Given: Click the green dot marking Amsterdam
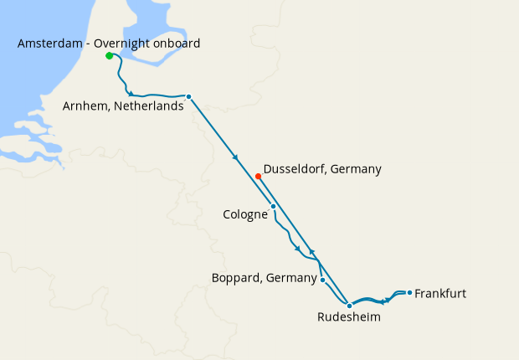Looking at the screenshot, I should (109, 56).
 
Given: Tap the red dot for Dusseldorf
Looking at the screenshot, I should (259, 176).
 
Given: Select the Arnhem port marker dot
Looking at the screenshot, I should (188, 96).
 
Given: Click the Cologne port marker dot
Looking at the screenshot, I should (273, 206).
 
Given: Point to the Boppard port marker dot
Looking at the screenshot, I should (322, 280).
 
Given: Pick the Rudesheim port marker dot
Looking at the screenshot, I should (349, 306).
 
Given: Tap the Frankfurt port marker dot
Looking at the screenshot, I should (409, 292).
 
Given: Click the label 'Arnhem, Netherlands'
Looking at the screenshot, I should (123, 106).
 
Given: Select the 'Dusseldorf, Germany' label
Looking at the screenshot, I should (322, 169).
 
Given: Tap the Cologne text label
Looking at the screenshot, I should (244, 214).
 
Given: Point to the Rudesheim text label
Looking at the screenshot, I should (349, 317).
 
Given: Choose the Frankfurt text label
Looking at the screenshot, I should (440, 294).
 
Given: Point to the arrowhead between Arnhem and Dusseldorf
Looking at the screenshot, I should (236, 157).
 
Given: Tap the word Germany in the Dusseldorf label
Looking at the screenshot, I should (356, 169).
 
